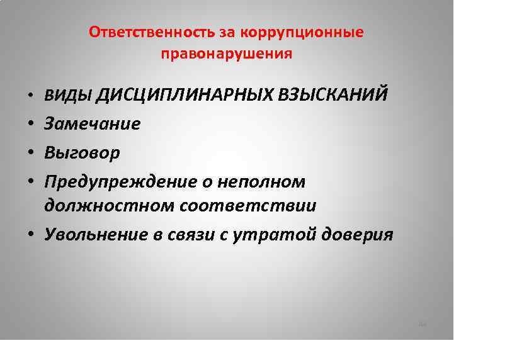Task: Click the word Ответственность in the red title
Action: coord(152,32)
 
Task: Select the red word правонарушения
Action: coord(226,54)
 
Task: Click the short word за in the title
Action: coord(227,33)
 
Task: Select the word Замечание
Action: coord(92,124)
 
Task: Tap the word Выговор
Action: coord(82,153)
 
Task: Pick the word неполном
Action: coord(261,183)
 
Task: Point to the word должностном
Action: coord(109,206)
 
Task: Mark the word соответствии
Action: coord(248,206)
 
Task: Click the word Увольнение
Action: coord(96,234)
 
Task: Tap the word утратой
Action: coord(275,235)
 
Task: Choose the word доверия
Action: coord(357,235)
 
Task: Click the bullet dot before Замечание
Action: coord(31,123)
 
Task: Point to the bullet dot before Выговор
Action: coord(31,152)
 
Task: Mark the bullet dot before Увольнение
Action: coord(31,233)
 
